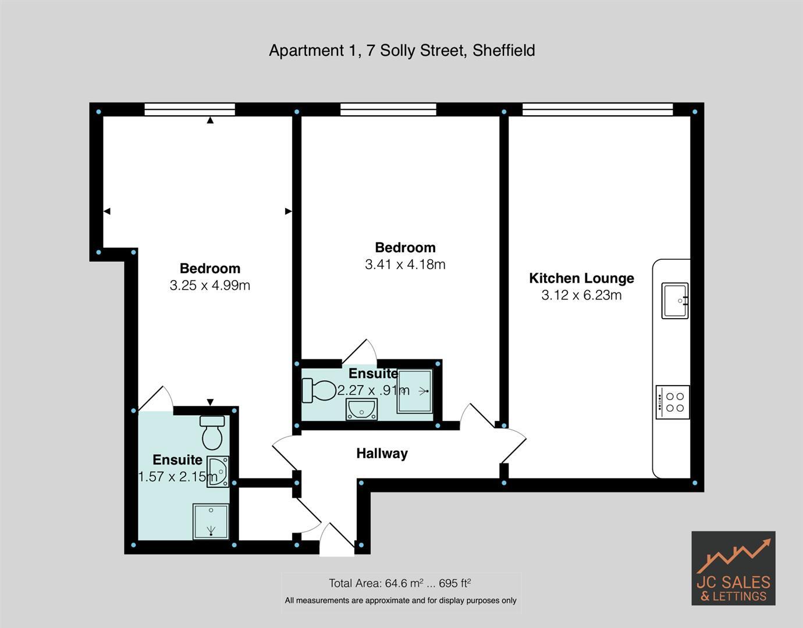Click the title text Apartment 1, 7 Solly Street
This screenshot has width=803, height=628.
click(401, 51)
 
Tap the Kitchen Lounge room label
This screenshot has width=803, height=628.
click(581, 279)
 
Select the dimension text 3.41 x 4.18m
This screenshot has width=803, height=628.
click(405, 265)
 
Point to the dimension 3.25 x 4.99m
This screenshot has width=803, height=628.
click(209, 286)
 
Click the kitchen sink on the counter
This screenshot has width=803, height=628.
click(674, 301)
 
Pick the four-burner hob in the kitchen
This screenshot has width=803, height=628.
click(673, 402)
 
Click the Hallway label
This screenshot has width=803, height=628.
click(382, 454)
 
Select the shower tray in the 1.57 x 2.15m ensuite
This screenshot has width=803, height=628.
click(211, 522)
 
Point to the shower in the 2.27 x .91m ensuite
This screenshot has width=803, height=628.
click(415, 391)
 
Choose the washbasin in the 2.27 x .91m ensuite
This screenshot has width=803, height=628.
click(361, 409)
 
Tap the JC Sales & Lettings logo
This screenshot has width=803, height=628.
click(733, 568)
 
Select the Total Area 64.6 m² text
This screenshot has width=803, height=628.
click(400, 583)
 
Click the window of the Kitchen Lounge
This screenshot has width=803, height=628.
click(598, 109)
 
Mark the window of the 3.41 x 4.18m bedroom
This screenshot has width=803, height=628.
click(388, 109)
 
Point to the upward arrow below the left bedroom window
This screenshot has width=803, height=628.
click(210, 120)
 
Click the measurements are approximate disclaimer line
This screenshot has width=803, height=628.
click(400, 601)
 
